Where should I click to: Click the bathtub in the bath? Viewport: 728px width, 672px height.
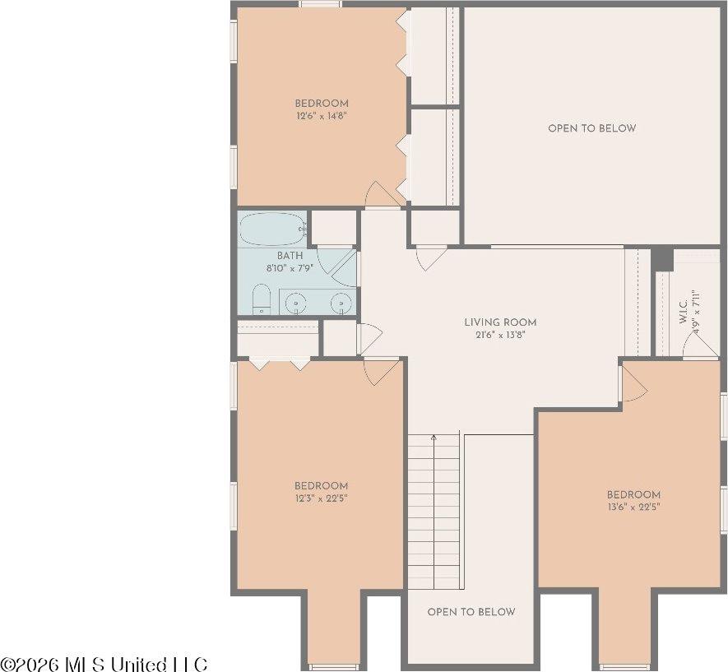pyautogui.click(x=272, y=229)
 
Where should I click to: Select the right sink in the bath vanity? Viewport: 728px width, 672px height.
pyautogui.click(x=339, y=304)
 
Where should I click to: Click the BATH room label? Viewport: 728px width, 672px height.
pyautogui.click(x=290, y=256)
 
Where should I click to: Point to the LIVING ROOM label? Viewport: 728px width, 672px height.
pyautogui.click(x=500, y=322)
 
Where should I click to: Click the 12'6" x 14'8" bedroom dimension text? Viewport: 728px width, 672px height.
pyautogui.click(x=322, y=117)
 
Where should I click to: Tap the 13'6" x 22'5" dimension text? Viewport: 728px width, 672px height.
pyautogui.click(x=633, y=507)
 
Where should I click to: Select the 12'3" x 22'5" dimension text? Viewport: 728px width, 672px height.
pyautogui.click(x=321, y=498)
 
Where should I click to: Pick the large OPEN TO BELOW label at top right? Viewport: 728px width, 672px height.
pyautogui.click(x=591, y=128)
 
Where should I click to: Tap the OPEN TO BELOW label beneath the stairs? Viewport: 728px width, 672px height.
pyautogui.click(x=471, y=612)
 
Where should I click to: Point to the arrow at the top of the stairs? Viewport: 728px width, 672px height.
pyautogui.click(x=434, y=439)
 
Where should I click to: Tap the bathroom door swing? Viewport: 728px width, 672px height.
pyautogui.click(x=344, y=268)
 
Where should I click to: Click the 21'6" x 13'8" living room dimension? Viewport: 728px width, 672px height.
pyautogui.click(x=500, y=335)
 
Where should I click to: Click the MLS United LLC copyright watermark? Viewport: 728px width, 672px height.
pyautogui.click(x=104, y=664)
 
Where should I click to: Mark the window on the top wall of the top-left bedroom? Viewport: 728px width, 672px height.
pyautogui.click(x=320, y=4)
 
